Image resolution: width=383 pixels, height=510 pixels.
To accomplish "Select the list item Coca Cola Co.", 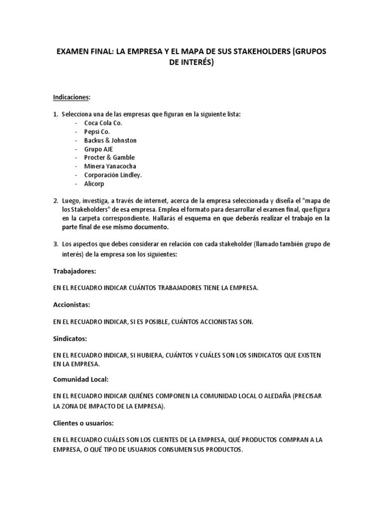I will pyautogui.click(x=103, y=123).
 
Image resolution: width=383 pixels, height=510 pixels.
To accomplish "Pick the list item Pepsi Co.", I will pyautogui.click(x=97, y=131).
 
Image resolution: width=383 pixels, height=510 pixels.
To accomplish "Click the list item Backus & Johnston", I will pyautogui.click(x=110, y=140).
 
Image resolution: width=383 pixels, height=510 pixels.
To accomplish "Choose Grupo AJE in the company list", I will pyautogui.click(x=99, y=149).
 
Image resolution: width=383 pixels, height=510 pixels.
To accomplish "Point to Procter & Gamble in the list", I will pyautogui.click(x=110, y=157).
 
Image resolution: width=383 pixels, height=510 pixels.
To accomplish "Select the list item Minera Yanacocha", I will pyautogui.click(x=110, y=166).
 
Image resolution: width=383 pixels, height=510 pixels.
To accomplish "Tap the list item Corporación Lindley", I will pyautogui.click(x=113, y=175).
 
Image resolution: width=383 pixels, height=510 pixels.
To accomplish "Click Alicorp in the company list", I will pyautogui.click(x=95, y=183).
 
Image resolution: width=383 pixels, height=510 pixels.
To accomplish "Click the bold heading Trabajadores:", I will pyautogui.click(x=74, y=271).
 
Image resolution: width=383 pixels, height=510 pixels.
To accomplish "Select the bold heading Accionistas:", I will pyautogui.click(x=72, y=304).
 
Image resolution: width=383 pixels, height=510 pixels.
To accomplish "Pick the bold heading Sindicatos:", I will pyautogui.click(x=70, y=338).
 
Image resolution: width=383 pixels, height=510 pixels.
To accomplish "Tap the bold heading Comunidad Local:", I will pyautogui.click(x=80, y=379).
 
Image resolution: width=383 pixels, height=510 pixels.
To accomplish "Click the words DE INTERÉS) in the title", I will pyautogui.click(x=191, y=62).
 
